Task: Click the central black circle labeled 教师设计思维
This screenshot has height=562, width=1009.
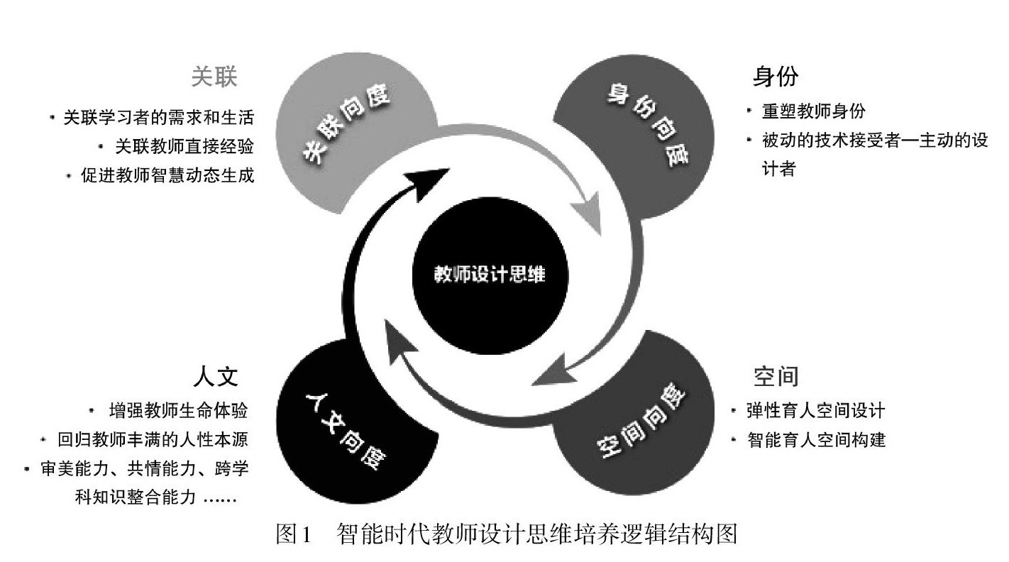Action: (x=489, y=274)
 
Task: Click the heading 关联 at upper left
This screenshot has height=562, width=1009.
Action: (x=214, y=77)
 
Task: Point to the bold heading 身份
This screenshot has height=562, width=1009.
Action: (x=776, y=77)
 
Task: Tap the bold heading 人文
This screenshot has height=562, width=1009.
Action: (x=215, y=375)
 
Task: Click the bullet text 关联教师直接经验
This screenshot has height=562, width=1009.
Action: (x=184, y=146)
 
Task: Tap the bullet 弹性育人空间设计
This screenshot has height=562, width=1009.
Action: (x=814, y=410)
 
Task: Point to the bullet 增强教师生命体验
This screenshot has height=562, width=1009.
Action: (x=178, y=410)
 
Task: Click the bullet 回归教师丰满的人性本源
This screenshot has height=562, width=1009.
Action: (x=153, y=440)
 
